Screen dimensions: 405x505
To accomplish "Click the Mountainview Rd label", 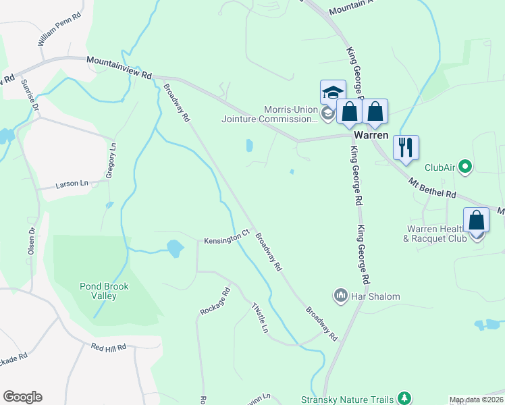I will (119, 68).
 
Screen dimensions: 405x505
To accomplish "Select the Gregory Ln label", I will (111, 160).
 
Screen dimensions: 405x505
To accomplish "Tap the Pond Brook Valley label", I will (104, 291).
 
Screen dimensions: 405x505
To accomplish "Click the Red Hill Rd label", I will (109, 347).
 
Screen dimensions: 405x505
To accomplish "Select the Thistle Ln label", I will (260, 317).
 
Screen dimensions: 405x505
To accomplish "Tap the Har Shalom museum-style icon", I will (340, 296).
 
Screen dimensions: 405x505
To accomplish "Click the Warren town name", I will (371, 135).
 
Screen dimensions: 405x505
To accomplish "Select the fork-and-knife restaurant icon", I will (406, 147).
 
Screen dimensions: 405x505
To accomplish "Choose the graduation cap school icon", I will (333, 92).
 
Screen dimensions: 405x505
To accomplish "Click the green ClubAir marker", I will (464, 166).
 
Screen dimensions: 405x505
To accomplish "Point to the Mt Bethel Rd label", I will (433, 188).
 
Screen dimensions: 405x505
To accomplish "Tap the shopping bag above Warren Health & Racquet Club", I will (477, 220).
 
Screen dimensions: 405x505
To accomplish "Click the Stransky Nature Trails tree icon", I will (404, 398).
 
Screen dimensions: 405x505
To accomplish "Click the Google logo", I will (22, 397).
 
